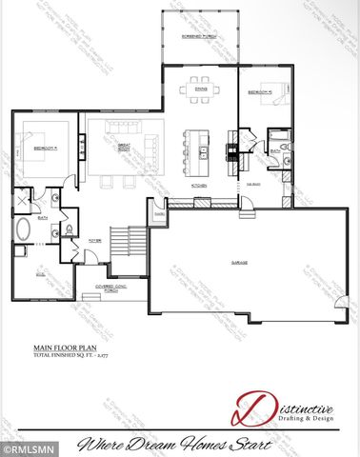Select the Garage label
pyautogui.click(x=239, y=263)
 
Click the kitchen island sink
pyautogui.click(x=203, y=150)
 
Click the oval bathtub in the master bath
pyautogui.click(x=23, y=230)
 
